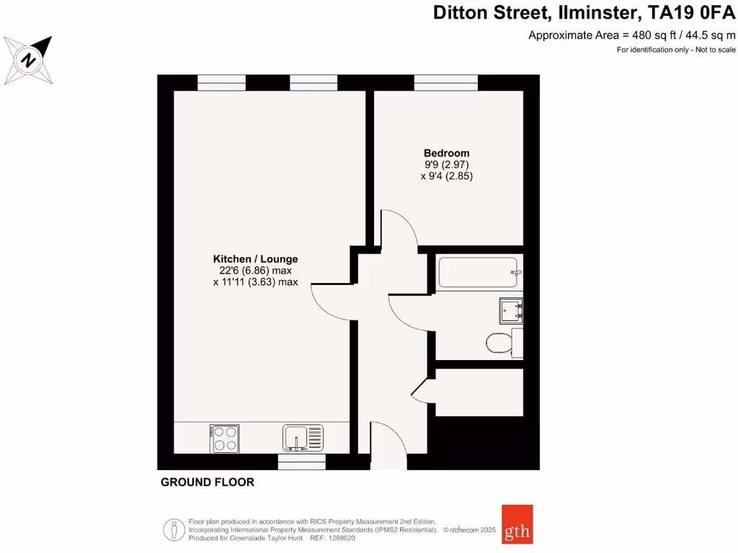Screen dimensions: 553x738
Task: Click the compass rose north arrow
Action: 29,59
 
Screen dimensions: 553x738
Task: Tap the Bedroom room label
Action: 446,153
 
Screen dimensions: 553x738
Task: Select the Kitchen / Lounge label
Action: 255,259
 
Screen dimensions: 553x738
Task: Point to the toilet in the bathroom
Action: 498,342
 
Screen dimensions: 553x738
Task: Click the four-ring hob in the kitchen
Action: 224,439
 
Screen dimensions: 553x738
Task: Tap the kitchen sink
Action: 303,437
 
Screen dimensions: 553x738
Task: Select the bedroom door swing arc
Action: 399,229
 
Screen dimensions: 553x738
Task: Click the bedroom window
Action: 446,83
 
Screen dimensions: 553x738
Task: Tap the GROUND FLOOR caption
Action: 208,482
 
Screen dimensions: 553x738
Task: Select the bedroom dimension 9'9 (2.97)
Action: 446,164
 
